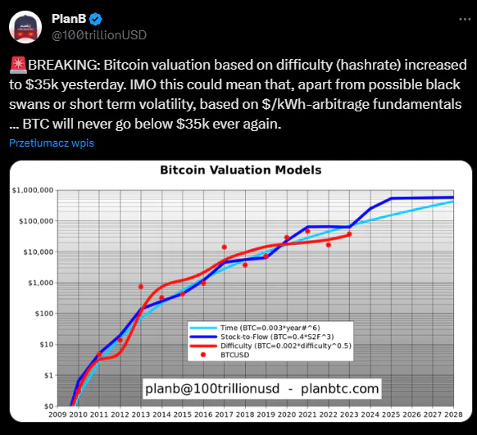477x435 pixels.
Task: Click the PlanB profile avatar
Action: tap(25, 27)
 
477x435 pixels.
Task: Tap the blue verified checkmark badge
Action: tap(96, 19)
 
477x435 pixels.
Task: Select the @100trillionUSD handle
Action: tap(99, 35)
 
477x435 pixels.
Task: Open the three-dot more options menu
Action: tap(465, 19)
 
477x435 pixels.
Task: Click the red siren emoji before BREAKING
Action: tap(18, 65)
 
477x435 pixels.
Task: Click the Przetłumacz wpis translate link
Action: tap(52, 143)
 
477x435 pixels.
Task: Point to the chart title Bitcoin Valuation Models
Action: tap(241, 170)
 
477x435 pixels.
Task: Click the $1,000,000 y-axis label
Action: tap(33, 190)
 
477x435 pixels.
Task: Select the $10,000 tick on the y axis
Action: tap(39, 252)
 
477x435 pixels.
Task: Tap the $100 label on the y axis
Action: tap(44, 314)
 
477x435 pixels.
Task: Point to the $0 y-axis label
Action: tap(48, 406)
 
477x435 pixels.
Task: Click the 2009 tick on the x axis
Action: tap(57, 415)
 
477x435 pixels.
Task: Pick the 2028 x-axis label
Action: tap(453, 415)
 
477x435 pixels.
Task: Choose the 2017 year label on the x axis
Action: tap(225, 415)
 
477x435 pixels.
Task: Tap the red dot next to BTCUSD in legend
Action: tap(203, 355)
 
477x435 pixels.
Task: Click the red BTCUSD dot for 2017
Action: tap(225, 247)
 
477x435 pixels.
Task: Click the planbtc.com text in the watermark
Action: tap(340, 389)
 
